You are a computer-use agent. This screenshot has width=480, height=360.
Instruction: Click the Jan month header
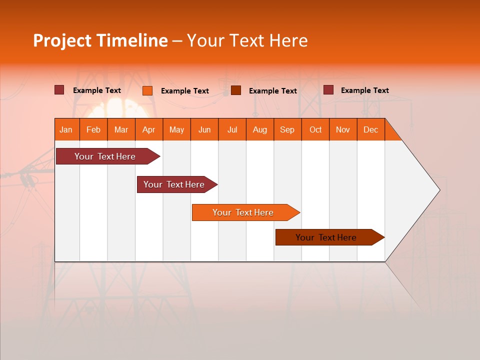tap(66, 129)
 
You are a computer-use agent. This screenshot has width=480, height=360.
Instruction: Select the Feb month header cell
tap(93, 129)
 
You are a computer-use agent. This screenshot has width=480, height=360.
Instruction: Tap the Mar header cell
tap(121, 129)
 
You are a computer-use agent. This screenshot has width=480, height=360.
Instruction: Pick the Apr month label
tap(148, 129)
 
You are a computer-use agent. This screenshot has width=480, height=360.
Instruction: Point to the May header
tap(176, 129)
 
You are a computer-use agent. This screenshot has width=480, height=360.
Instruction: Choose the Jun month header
tap(204, 129)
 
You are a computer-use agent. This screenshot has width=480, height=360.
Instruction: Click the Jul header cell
tap(232, 129)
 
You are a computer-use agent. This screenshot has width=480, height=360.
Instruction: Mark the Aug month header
tap(259, 129)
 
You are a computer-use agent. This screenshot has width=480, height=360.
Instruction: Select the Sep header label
tap(287, 129)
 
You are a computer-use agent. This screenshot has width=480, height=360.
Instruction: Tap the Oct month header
tap(315, 129)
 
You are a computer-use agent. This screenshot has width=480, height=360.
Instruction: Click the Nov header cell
tap(343, 129)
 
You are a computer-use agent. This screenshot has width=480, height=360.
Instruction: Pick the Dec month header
tap(370, 129)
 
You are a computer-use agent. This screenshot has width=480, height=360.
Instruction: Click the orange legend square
tap(147, 90)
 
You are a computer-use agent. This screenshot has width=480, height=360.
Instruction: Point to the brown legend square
tap(236, 90)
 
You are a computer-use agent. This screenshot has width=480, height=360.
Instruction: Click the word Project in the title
tap(62, 40)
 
